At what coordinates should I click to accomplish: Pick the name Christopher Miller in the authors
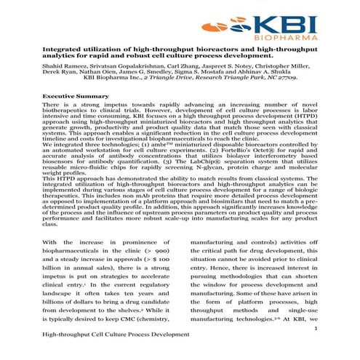tap(278, 65)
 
